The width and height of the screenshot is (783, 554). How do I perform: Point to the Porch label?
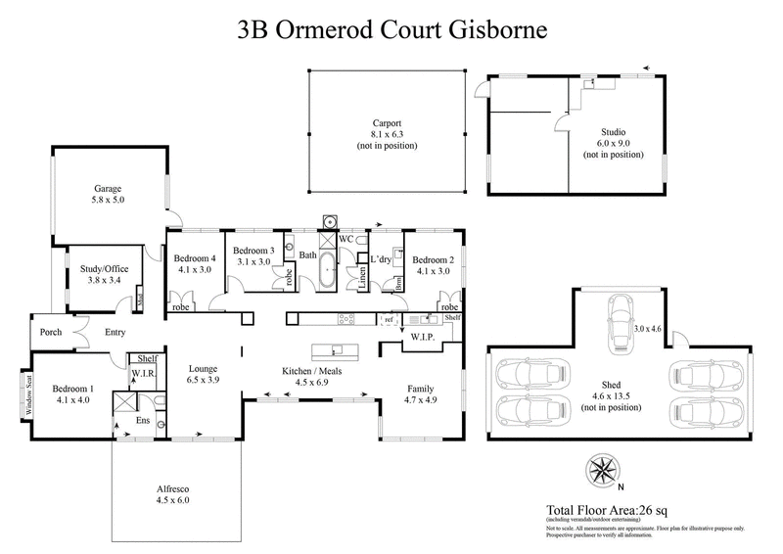tap(51, 332)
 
